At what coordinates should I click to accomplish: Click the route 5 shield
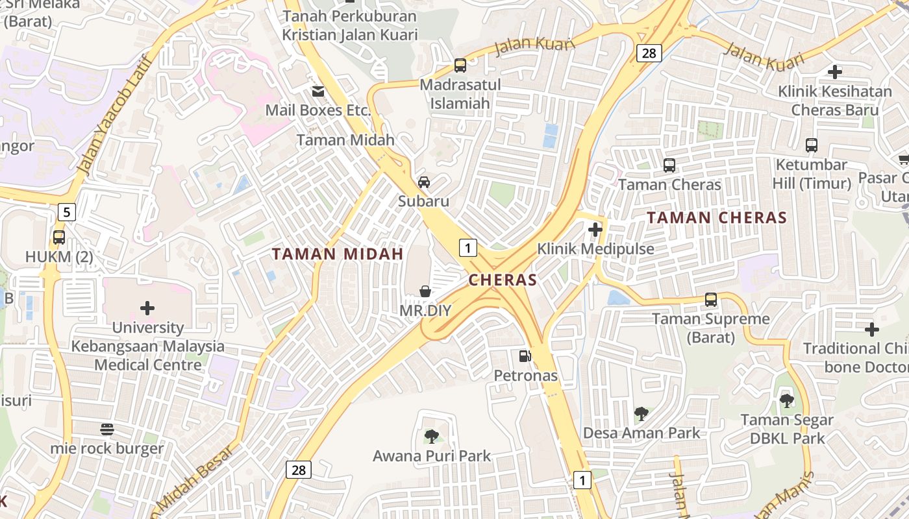(x=66, y=211)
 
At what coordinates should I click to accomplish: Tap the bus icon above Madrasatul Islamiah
(x=460, y=66)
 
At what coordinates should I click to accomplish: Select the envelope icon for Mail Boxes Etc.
(x=318, y=91)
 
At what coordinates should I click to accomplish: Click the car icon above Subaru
(x=424, y=182)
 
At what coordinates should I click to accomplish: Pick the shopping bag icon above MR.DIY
(x=425, y=291)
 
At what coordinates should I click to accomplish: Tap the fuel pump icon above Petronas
(x=525, y=356)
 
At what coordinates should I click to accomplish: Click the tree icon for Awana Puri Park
(x=431, y=436)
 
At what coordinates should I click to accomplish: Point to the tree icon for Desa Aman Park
(x=641, y=413)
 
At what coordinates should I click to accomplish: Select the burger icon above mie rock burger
(x=107, y=429)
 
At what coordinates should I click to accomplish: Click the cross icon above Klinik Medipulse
(x=595, y=229)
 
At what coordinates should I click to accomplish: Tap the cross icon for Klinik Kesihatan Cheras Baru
(x=835, y=72)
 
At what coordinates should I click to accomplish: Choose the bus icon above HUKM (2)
(x=59, y=237)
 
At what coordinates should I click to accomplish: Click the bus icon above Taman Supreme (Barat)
(x=711, y=300)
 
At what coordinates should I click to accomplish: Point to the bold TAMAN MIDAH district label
(x=338, y=254)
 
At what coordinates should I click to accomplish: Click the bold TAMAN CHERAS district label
(x=717, y=218)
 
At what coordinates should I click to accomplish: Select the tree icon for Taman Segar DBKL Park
(x=786, y=401)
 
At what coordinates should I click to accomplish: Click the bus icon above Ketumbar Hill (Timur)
(x=811, y=145)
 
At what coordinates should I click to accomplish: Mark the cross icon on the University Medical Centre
(x=147, y=308)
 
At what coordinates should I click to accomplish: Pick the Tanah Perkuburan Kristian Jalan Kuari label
(x=350, y=25)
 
